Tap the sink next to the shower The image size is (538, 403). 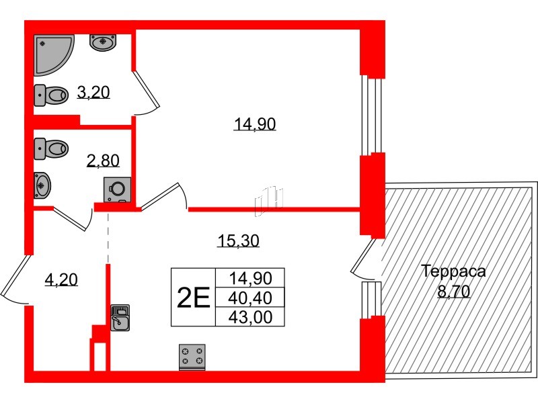(103, 42)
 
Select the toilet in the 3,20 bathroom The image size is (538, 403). (51, 95)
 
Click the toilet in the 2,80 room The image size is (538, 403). (51, 147)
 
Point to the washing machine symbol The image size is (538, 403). (117, 189)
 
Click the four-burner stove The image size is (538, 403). (192, 356)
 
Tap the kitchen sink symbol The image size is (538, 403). (120, 319)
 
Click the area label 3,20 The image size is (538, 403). (93, 93)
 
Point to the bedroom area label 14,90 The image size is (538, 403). (255, 124)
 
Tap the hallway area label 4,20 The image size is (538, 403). (62, 278)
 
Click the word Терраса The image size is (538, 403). (453, 272)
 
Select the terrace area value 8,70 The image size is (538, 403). (454, 292)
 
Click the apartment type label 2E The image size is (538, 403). (193, 296)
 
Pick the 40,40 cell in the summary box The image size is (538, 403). (250, 296)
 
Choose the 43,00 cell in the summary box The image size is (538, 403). (250, 316)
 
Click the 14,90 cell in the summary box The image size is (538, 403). (250, 277)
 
